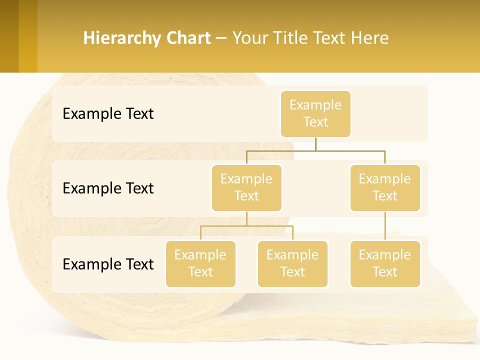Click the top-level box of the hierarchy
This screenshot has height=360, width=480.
coord(315,114)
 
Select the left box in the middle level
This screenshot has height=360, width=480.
coord(246,188)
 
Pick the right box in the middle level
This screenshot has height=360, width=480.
coord(385,188)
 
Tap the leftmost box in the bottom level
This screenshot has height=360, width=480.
coord(200,264)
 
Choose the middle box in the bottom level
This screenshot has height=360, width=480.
coord(292,264)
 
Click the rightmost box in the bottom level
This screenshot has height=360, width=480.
coord(385,264)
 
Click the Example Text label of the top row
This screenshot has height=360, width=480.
coord(108,114)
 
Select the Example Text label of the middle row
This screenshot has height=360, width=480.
coord(108,188)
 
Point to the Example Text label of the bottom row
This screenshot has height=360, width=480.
coord(108,264)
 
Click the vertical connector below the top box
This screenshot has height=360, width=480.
coord(315,144)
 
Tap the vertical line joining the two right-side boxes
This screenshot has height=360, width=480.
coord(385,226)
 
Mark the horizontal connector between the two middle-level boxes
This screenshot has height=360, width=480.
coord(315,150)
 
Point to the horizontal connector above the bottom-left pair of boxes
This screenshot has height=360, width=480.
coord(246,226)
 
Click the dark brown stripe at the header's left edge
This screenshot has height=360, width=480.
coord(9,36)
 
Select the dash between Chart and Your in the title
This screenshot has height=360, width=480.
coord(221,38)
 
